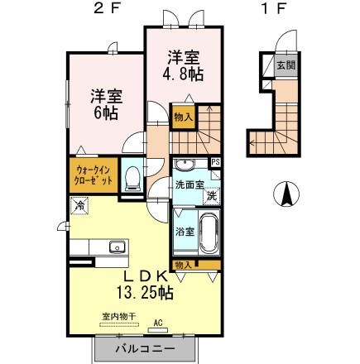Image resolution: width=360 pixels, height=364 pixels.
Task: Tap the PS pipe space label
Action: click(216, 162)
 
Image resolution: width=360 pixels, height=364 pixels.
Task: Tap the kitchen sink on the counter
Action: click(117, 246)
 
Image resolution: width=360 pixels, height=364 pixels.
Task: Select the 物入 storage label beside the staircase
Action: click(183, 117)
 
